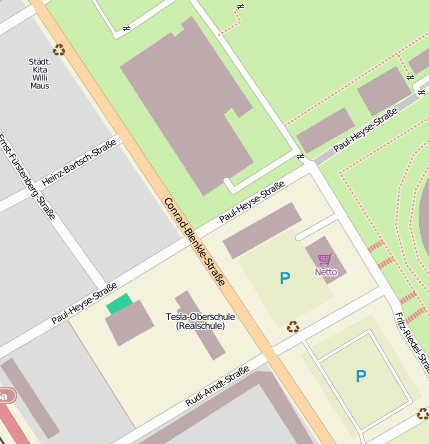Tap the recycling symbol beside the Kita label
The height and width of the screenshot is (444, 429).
point(59,49)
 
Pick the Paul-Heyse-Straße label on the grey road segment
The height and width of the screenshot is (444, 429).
point(365,130)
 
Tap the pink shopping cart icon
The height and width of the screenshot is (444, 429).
point(324,259)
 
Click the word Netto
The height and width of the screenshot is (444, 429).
point(325,271)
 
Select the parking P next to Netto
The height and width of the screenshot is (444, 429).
point(285,278)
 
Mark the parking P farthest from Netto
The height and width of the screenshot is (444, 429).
point(361,376)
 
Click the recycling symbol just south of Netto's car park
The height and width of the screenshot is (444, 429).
point(293,326)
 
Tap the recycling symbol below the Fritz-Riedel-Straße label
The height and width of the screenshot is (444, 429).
point(422,412)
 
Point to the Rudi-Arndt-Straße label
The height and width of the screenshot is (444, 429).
point(217,387)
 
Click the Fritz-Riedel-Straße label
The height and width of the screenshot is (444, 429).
point(411,340)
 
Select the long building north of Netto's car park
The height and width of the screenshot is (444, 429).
point(262,230)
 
